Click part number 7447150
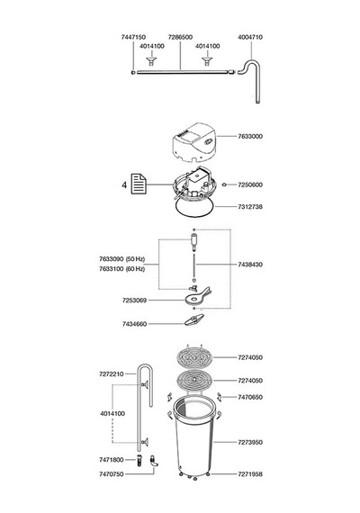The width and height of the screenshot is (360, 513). click(133, 37)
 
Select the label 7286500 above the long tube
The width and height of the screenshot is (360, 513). click(180, 37)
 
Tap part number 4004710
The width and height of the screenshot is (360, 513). click(250, 37)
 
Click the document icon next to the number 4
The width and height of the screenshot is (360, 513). click(139, 184)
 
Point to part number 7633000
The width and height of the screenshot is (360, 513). click(250, 136)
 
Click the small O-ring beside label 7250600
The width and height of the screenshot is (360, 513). click(224, 184)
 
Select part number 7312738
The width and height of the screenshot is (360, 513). click(250, 207)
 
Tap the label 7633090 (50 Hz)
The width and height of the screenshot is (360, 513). click(121, 259)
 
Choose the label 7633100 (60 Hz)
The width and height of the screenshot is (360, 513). click(121, 269)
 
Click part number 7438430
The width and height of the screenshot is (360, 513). click(250, 265)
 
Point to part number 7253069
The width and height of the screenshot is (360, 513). click(134, 301)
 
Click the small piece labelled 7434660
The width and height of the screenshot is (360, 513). click(193, 319)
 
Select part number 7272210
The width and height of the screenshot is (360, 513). click(112, 374)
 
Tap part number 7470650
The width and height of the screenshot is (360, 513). click(250, 397)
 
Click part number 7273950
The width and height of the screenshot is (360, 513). click(250, 442)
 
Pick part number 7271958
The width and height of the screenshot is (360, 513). click(250, 474)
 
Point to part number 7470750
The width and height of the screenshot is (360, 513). click(112, 474)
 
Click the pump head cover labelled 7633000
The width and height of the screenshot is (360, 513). click(194, 142)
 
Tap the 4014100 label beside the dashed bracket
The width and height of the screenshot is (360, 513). click(112, 413)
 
